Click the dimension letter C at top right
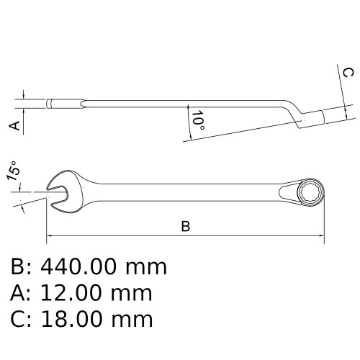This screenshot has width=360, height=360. (x=346, y=72)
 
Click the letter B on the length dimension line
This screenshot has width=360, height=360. (x=185, y=225)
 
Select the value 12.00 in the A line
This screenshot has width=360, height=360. (x=72, y=293)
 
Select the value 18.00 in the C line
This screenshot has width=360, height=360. (x=72, y=319)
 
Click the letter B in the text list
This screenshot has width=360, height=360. (x=19, y=267)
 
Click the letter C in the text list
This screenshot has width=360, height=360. (x=19, y=319)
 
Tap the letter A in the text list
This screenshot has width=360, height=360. (x=19, y=293)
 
